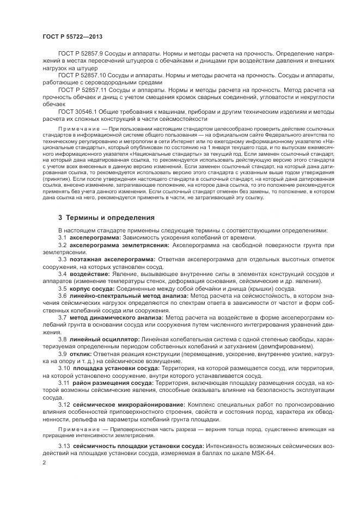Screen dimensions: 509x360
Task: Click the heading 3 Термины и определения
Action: click(x=106, y=217)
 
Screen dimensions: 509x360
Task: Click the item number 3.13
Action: click(x=65, y=446)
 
